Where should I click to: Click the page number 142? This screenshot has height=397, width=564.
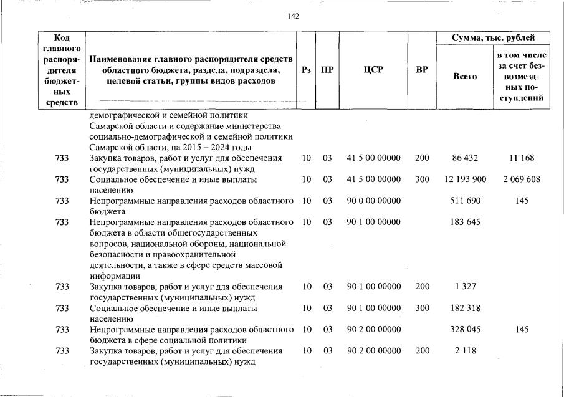(x=293, y=16)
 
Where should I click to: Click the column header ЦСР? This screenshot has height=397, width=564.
(x=373, y=70)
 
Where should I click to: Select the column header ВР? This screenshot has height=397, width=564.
(x=422, y=70)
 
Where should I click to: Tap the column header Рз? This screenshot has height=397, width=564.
(x=306, y=70)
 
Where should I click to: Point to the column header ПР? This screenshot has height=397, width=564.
(x=327, y=70)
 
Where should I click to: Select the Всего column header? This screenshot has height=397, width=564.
(x=465, y=76)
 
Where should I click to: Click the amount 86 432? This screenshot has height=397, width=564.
(x=465, y=158)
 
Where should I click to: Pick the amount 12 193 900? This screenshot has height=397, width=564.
(x=465, y=179)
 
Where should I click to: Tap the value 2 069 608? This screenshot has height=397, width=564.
(x=522, y=179)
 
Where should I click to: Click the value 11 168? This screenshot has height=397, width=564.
(x=522, y=158)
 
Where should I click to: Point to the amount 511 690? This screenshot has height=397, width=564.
(x=465, y=201)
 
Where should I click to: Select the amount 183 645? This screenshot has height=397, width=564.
(x=465, y=222)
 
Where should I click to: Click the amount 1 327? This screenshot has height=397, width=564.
(x=465, y=287)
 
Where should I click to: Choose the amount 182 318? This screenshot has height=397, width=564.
(x=465, y=308)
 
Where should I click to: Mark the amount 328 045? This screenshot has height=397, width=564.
(x=465, y=329)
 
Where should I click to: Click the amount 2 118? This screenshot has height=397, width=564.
(x=465, y=350)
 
